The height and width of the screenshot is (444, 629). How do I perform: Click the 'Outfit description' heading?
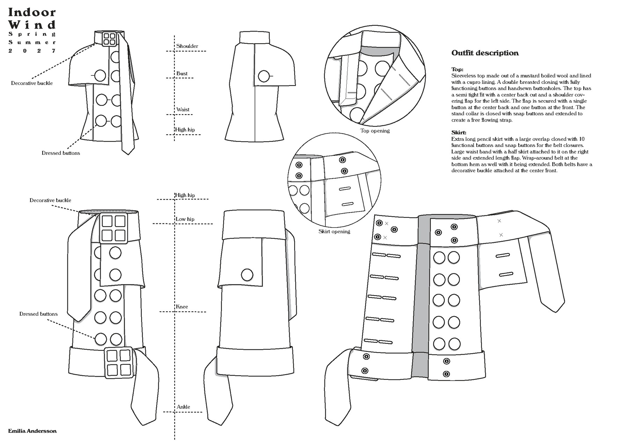485,53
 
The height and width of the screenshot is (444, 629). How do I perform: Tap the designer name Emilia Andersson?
32,431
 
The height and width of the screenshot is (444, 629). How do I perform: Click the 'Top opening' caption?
375,131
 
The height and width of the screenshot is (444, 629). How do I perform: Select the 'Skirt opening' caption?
334,231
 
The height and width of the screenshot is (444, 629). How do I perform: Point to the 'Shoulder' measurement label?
187,46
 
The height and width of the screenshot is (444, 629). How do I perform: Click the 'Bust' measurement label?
182,73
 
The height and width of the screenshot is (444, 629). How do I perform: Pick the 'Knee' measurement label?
182,306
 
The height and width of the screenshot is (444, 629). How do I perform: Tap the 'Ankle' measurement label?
183,407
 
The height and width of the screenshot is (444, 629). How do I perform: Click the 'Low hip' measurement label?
185,219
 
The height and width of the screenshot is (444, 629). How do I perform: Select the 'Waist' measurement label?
183,109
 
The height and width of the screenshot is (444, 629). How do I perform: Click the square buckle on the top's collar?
109,39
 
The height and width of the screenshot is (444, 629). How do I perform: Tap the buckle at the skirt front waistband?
114,228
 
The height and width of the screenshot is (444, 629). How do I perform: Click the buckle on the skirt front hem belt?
118,362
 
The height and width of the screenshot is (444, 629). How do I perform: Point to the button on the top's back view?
264,76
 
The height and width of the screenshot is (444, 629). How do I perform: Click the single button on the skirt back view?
247,275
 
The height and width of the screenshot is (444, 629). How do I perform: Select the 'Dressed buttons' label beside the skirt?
38,314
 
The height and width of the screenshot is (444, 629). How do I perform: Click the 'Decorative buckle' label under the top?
32,83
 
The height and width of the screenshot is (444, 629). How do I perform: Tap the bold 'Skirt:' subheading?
458,133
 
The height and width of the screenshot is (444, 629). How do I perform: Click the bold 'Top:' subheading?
457,69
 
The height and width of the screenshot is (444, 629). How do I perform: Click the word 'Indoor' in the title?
32,13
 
